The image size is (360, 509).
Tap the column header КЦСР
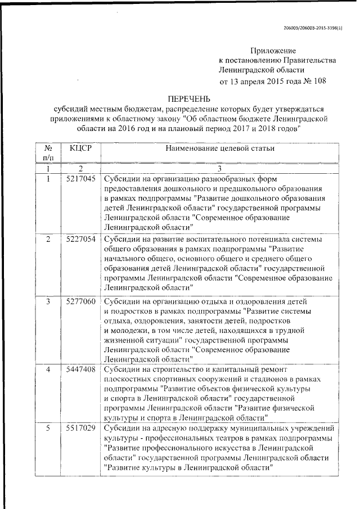coord(80,148)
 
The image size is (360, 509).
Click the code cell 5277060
coord(80,301)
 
